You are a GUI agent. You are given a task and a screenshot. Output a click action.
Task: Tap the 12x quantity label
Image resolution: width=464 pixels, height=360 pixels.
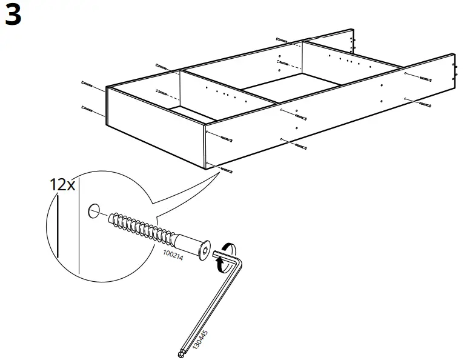coord(62,184)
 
